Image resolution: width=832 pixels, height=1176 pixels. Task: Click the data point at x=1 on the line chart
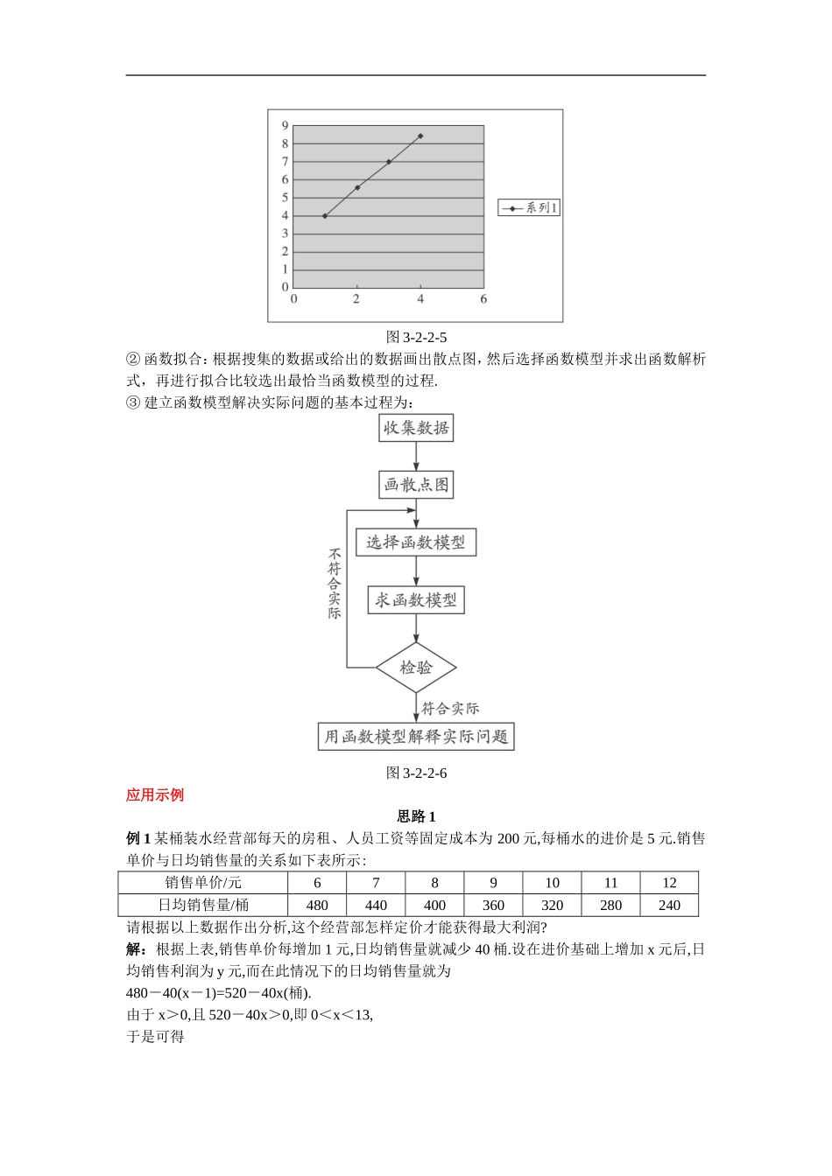(325, 215)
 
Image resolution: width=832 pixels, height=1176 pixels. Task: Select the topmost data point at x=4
(420, 136)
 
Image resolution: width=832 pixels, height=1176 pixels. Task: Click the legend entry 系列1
(529, 207)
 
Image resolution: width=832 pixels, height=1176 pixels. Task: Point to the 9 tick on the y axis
(285, 126)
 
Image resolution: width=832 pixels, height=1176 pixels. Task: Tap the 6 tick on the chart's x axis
(483, 299)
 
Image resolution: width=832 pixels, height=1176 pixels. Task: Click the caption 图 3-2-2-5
(416, 337)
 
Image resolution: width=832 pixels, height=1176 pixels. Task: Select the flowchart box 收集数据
(416, 428)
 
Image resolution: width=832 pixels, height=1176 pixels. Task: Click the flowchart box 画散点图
(416, 485)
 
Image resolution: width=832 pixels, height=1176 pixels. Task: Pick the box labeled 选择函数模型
(416, 542)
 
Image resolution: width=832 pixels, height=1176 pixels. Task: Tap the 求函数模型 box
(416, 600)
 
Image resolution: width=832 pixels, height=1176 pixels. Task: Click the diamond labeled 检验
(416, 668)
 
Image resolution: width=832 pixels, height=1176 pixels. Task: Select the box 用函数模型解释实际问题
(416, 737)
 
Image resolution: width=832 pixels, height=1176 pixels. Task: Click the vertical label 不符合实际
(335, 584)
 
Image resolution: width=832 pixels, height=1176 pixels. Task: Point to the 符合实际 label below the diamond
(450, 709)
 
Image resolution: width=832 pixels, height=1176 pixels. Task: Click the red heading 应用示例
(155, 794)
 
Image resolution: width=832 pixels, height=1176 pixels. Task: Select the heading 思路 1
(416, 816)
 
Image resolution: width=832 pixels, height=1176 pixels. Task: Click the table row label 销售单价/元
(203, 883)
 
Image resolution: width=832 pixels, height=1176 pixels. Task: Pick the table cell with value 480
(317, 906)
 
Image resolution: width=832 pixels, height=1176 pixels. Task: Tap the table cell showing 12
(669, 883)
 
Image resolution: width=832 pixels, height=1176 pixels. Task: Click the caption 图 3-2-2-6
(416, 773)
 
